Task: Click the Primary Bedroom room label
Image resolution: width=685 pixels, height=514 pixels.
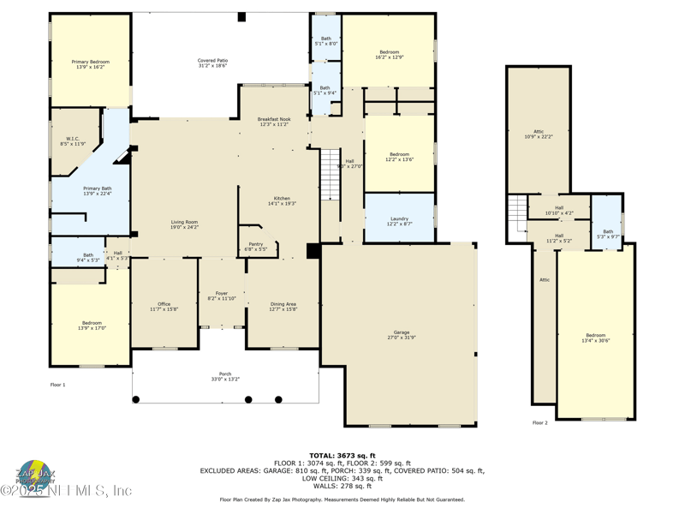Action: tap(89, 63)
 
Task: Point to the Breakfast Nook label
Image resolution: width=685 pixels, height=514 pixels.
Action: tap(274, 122)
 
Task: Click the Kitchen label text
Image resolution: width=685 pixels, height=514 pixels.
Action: tap(282, 200)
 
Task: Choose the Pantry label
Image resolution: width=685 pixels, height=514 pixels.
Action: tap(256, 246)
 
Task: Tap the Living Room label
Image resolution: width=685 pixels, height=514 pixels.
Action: tap(184, 224)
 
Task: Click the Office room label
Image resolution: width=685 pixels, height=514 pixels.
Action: tap(164, 306)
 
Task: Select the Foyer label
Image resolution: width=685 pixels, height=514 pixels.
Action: tap(222, 296)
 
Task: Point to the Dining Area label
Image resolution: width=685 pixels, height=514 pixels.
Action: tap(283, 306)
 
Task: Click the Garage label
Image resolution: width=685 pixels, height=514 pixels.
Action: tap(402, 334)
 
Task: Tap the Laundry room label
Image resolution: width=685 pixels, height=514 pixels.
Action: tap(399, 221)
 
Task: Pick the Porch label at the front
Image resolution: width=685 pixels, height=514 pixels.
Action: tap(225, 376)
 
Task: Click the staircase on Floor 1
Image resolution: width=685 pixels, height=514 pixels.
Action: tap(331, 174)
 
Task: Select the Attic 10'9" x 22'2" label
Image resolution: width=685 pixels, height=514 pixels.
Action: tap(539, 134)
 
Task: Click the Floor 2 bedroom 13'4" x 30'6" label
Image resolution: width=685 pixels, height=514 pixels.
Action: tap(595, 338)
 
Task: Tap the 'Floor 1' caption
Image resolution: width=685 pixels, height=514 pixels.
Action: tap(57, 385)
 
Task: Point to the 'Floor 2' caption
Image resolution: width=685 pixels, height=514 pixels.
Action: tap(539, 422)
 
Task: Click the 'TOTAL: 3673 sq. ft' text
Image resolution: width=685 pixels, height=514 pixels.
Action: tap(342, 456)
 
